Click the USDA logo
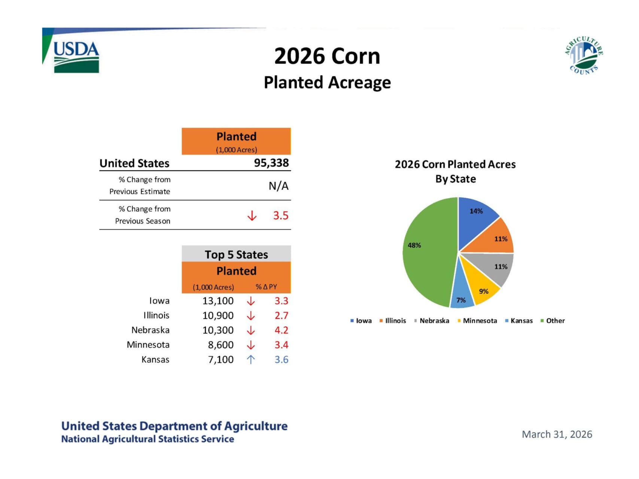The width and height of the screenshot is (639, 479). [x=76, y=56]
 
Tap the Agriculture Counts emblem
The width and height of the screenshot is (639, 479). [x=584, y=55]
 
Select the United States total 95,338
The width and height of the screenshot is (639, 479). [x=271, y=163]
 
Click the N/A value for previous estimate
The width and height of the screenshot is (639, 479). [x=279, y=186]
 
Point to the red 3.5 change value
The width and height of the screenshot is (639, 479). [x=281, y=216]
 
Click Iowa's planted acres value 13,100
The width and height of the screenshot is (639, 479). [x=218, y=301]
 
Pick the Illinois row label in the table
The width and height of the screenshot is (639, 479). [x=156, y=315]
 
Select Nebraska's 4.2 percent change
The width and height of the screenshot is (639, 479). [x=282, y=330]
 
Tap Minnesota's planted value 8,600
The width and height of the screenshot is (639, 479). [x=221, y=345]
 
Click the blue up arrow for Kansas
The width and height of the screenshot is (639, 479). [x=251, y=360]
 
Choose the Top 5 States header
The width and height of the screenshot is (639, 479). [x=236, y=254]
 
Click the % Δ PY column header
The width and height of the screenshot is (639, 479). [x=266, y=287]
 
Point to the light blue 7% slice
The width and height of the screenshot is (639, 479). [x=462, y=298]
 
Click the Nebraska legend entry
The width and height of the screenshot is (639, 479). [x=432, y=321]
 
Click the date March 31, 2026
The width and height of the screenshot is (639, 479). [x=557, y=434]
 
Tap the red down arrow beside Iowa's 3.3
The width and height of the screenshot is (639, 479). [x=251, y=301]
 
